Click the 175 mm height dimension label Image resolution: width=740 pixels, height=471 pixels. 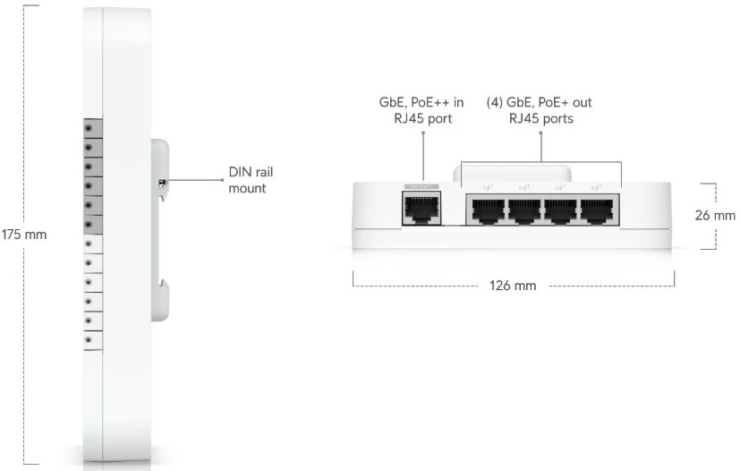pos(23,235)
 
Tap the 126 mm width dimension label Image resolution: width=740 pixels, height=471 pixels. pos(514,286)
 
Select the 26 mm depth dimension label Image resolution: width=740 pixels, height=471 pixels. pos(715,216)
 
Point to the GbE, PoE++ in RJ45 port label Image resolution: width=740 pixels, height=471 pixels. pos(421,110)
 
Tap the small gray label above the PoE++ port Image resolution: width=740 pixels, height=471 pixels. pos(418,186)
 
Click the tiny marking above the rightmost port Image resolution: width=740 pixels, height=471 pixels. pos(597,186)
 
